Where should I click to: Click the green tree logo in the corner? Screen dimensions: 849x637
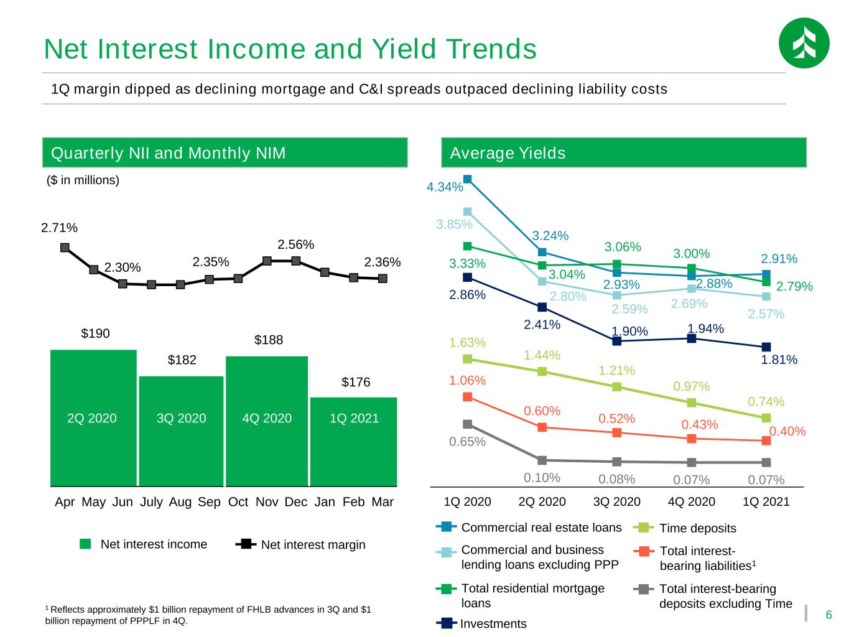[x=804, y=43]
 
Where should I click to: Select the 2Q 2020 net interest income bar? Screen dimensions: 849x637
[x=93, y=417]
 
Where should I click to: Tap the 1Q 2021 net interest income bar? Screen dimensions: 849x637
[x=353, y=442]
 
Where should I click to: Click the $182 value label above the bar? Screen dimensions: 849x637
[x=182, y=360]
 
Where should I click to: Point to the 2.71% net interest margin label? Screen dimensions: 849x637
[x=59, y=228]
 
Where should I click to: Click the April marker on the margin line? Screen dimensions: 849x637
[x=65, y=248]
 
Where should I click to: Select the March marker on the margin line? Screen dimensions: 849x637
[x=383, y=279]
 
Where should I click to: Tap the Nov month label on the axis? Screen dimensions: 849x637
[x=267, y=501]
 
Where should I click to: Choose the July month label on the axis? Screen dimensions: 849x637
[x=151, y=501]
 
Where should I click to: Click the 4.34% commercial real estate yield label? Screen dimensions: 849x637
[x=445, y=187]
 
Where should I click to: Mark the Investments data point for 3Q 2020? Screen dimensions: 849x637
[x=617, y=341]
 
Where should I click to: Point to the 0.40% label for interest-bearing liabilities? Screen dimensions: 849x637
[x=787, y=431]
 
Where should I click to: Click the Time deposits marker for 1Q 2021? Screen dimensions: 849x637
[x=766, y=417]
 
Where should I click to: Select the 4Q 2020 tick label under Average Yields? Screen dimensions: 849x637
[x=692, y=501]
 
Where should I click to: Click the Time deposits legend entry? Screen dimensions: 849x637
[x=685, y=528]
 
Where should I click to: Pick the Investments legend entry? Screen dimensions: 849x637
[x=481, y=623]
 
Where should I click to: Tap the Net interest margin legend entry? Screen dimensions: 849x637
[x=300, y=544]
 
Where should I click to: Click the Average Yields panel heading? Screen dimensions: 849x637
[x=508, y=153]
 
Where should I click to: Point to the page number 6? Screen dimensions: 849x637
[x=828, y=615]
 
